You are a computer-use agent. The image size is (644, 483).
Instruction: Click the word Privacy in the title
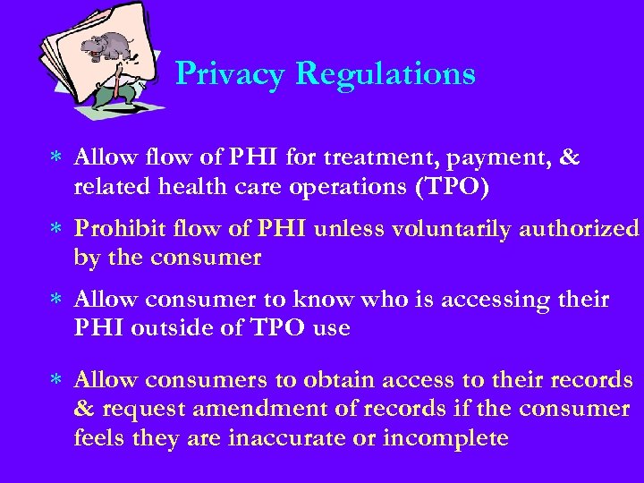coord(230,73)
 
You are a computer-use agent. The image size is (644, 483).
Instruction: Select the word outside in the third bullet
coord(186,329)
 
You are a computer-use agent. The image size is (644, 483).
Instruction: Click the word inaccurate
coord(279,438)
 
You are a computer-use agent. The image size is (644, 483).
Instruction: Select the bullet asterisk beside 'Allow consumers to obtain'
coord(55,380)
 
